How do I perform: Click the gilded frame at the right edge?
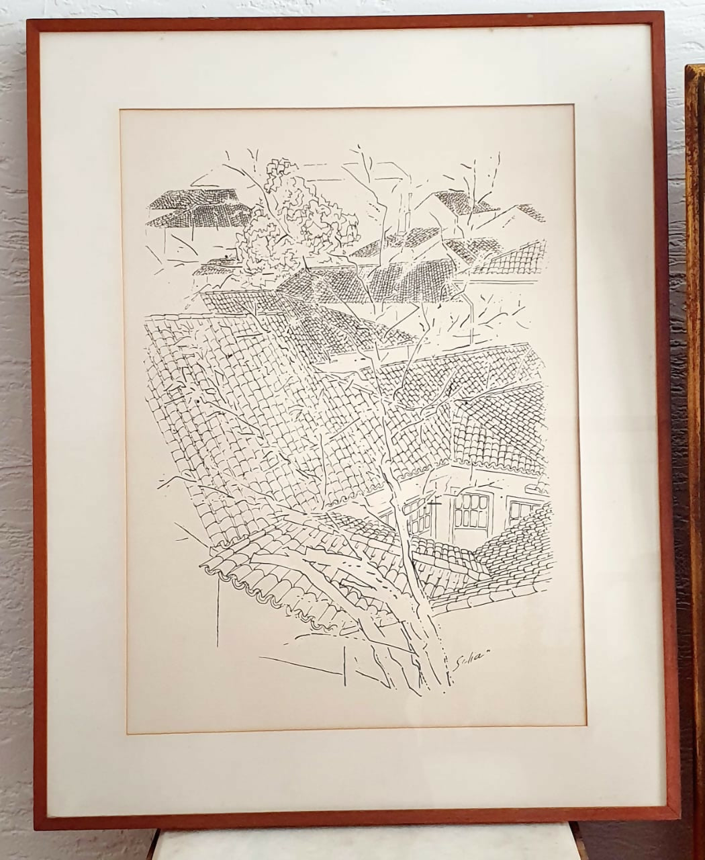695,403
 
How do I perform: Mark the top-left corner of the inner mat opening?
121,110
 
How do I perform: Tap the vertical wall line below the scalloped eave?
218,611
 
